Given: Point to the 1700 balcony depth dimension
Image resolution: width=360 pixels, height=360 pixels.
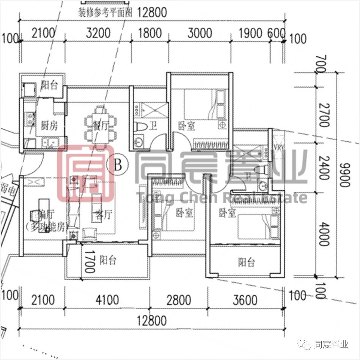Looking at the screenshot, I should [x=89, y=261].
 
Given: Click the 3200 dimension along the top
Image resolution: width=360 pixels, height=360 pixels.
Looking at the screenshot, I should [x=98, y=33].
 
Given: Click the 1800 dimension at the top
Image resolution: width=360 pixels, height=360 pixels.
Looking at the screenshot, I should [x=149, y=33].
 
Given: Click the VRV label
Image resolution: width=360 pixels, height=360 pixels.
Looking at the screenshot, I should [x=278, y=147].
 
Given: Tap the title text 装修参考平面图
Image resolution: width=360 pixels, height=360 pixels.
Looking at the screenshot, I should [x=105, y=13].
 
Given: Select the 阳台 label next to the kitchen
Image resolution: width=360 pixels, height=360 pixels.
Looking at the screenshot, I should [x=49, y=85].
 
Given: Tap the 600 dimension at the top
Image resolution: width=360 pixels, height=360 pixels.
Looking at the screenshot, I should [x=276, y=33].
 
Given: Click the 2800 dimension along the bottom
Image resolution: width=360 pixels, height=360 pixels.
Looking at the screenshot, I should [x=179, y=301].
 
